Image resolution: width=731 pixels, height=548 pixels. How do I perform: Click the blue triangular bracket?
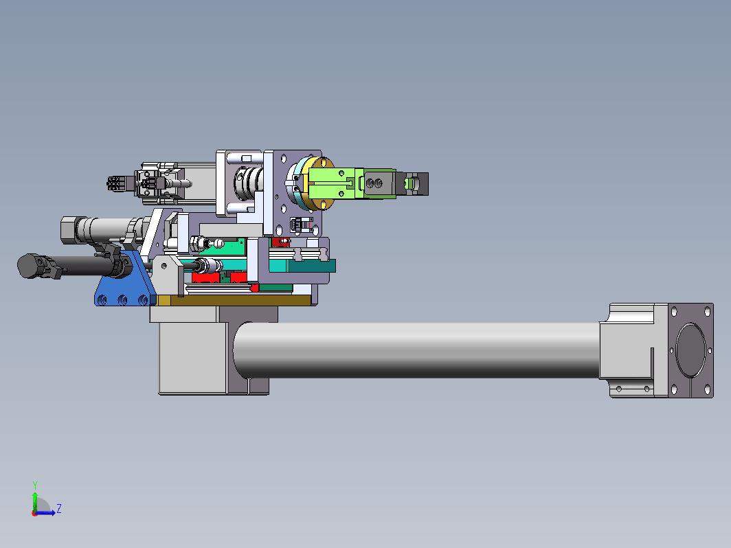tap(125, 284)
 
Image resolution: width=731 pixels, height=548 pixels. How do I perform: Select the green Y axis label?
tap(34, 486)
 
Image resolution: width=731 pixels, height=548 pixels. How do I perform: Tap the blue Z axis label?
tap(59, 508)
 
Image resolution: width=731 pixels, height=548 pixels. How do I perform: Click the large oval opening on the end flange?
tap(691, 350)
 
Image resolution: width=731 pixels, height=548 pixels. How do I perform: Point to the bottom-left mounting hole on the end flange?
tap(674, 389)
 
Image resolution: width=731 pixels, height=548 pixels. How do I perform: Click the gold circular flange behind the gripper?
tap(322, 183)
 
